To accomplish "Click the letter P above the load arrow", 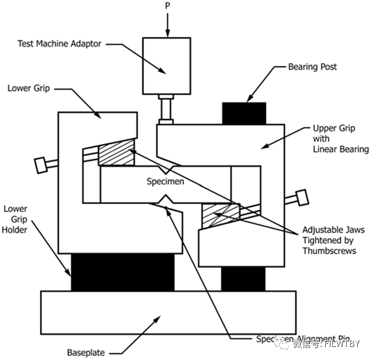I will click(x=167, y=5).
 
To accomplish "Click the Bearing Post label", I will click(x=312, y=67).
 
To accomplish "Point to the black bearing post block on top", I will click(x=244, y=112).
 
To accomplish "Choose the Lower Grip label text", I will click(x=29, y=88).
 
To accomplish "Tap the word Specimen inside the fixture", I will click(x=166, y=181).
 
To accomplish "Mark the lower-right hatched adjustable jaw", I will click(x=221, y=215).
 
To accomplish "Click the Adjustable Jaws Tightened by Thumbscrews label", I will click(x=333, y=240).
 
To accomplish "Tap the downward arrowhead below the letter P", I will click(x=167, y=31).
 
